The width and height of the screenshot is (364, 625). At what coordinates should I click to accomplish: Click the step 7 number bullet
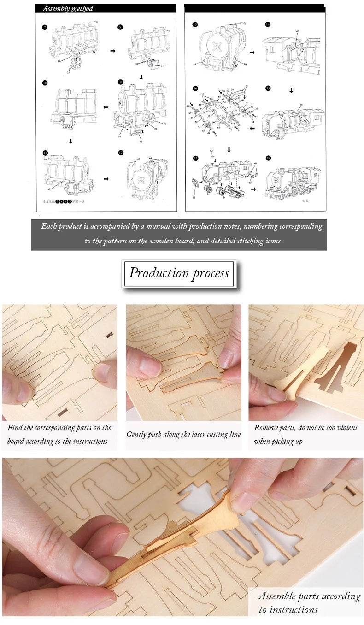(x=45, y=27)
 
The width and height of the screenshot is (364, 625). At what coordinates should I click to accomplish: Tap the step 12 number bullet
(x=121, y=153)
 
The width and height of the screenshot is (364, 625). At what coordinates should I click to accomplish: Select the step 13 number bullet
(x=195, y=24)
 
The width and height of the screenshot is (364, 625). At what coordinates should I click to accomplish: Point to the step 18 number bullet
(x=268, y=158)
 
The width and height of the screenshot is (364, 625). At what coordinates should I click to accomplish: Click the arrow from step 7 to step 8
(x=113, y=51)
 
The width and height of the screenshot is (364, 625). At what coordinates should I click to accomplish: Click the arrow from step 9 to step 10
(x=106, y=107)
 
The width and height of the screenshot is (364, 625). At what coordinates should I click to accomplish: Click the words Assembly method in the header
(x=67, y=8)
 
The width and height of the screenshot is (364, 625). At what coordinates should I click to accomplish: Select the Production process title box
(x=179, y=273)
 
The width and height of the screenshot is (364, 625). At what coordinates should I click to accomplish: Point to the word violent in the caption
(x=346, y=428)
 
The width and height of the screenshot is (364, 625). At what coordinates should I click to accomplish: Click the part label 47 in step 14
(x=298, y=31)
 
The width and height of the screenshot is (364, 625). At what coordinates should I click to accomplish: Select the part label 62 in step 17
(x=211, y=151)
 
